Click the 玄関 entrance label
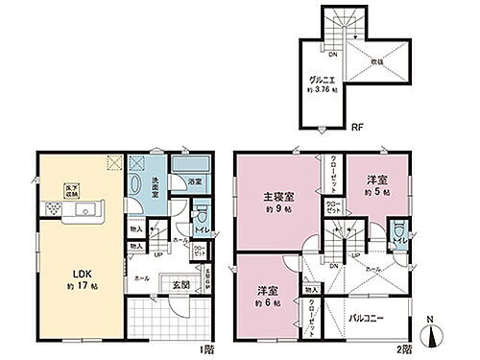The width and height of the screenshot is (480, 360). [180, 283]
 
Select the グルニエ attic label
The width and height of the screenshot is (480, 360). [322, 83]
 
